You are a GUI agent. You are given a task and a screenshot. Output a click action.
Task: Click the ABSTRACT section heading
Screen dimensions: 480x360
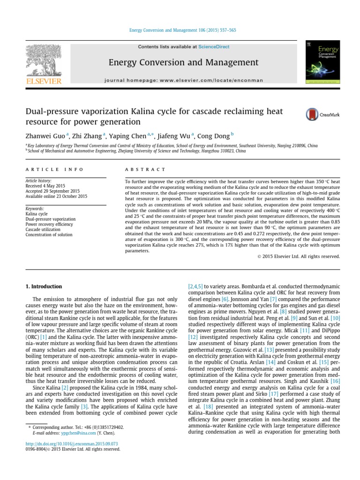pyautogui.click(x=145, y=169)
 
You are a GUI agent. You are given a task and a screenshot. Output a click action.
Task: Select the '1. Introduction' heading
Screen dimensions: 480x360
pyautogui.click(x=44, y=286)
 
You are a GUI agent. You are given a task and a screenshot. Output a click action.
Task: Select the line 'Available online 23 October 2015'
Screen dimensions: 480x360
pyautogui.click(x=56, y=196)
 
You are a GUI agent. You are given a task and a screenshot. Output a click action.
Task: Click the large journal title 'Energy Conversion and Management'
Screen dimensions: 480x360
pyautogui.click(x=183, y=62)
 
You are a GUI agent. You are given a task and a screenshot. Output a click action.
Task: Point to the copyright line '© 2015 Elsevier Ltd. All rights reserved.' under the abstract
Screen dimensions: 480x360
pyautogui.click(x=299, y=256)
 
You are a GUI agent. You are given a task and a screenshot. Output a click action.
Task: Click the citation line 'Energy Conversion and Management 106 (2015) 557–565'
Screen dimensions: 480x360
pyautogui.click(x=182, y=30)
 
